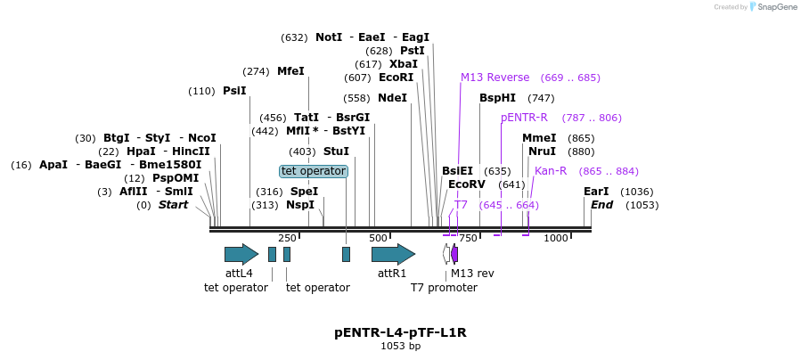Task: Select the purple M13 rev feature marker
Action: tap(454, 254)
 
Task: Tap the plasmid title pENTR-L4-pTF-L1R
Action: tap(400, 332)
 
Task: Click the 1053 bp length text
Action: tap(400, 346)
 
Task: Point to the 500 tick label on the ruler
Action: tap(378, 238)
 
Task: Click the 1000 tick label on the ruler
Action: tap(556, 238)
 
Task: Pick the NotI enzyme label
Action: tap(329, 37)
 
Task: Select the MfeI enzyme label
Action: tap(290, 71)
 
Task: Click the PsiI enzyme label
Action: tap(234, 91)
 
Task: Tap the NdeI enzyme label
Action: tap(392, 98)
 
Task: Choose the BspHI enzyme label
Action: tap(497, 98)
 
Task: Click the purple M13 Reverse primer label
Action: tap(494, 78)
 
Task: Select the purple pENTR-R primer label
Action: tap(524, 118)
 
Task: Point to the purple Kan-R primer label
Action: tap(551, 171)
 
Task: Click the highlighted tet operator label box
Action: tap(313, 171)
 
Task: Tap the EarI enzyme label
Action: tap(596, 192)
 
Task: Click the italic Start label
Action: tap(173, 205)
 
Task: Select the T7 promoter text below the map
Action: tap(444, 288)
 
